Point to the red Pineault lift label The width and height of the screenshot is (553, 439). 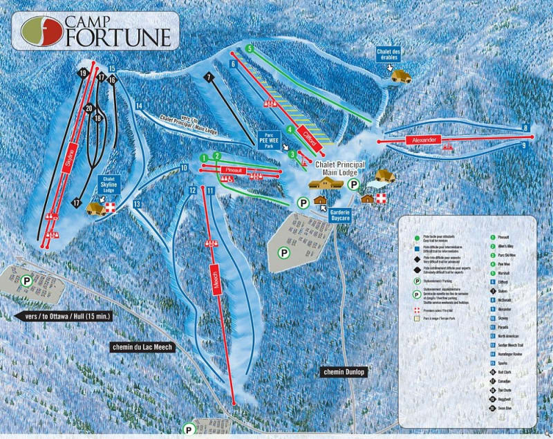click(232, 169)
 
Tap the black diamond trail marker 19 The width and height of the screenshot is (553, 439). click(83, 73)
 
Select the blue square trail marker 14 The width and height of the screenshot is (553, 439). click(139, 106)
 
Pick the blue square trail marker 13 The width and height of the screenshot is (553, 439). click(138, 204)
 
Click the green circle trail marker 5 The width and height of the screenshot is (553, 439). click(249, 48)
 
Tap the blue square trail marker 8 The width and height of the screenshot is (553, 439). click(525, 128)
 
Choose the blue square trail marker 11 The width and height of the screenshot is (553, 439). click(209, 190)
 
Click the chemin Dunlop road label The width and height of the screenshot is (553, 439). click(343, 372)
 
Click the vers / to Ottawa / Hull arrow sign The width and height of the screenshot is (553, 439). click(62, 316)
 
